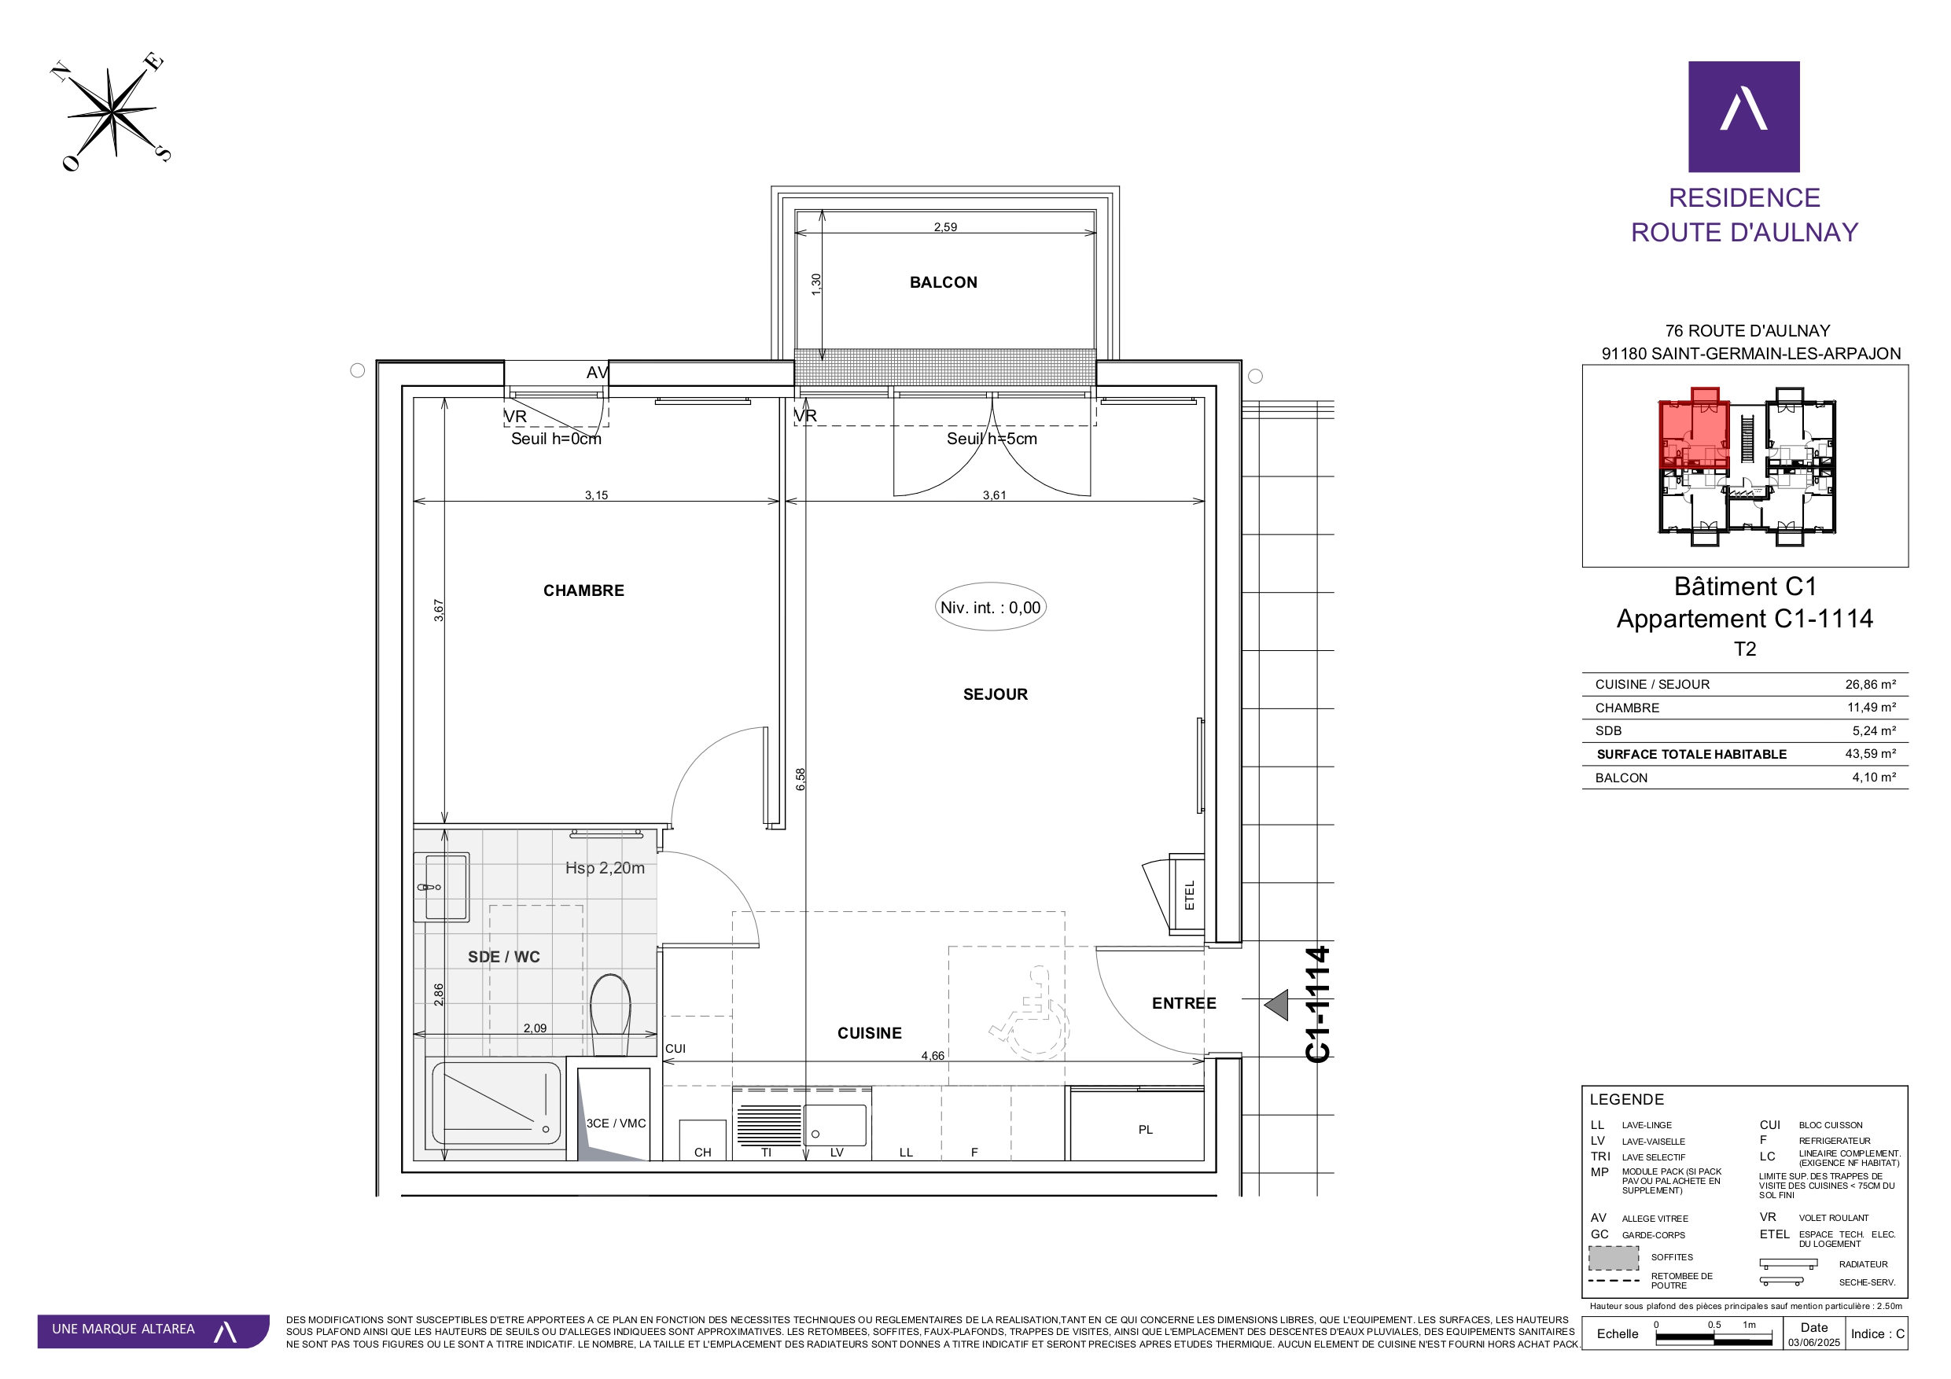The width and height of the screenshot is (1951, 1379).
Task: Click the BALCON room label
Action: (x=943, y=282)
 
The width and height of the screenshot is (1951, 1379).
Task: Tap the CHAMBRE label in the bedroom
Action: (x=583, y=590)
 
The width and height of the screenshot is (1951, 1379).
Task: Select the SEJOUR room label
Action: (x=995, y=694)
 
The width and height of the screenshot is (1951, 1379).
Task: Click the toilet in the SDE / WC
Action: (x=610, y=1013)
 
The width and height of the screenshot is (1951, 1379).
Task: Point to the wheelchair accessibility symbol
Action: (x=1030, y=1013)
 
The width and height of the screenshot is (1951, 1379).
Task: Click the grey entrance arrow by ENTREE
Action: (x=1276, y=1005)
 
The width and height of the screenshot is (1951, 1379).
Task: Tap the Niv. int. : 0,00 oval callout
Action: (x=991, y=607)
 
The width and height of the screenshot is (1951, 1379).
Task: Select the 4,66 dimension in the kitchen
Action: (x=932, y=1055)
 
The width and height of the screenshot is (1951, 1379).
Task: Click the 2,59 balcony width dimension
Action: (x=945, y=227)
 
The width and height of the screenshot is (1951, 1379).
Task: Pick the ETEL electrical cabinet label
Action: (x=1190, y=895)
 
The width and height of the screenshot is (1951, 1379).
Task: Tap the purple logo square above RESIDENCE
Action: (x=1743, y=116)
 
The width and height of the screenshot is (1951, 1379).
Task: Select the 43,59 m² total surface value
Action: (x=1870, y=754)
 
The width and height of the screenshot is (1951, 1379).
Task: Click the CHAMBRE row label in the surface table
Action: (x=1626, y=708)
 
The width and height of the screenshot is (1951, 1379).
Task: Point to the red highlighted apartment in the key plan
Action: (x=1694, y=432)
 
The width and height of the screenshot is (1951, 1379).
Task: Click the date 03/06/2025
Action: (x=1813, y=1343)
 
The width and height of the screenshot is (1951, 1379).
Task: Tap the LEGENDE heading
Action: (x=1626, y=1099)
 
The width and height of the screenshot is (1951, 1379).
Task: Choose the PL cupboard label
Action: (x=1146, y=1129)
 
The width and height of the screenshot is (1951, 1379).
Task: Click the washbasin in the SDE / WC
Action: (x=442, y=887)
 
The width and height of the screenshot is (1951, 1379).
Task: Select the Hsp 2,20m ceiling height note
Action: (x=605, y=867)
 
